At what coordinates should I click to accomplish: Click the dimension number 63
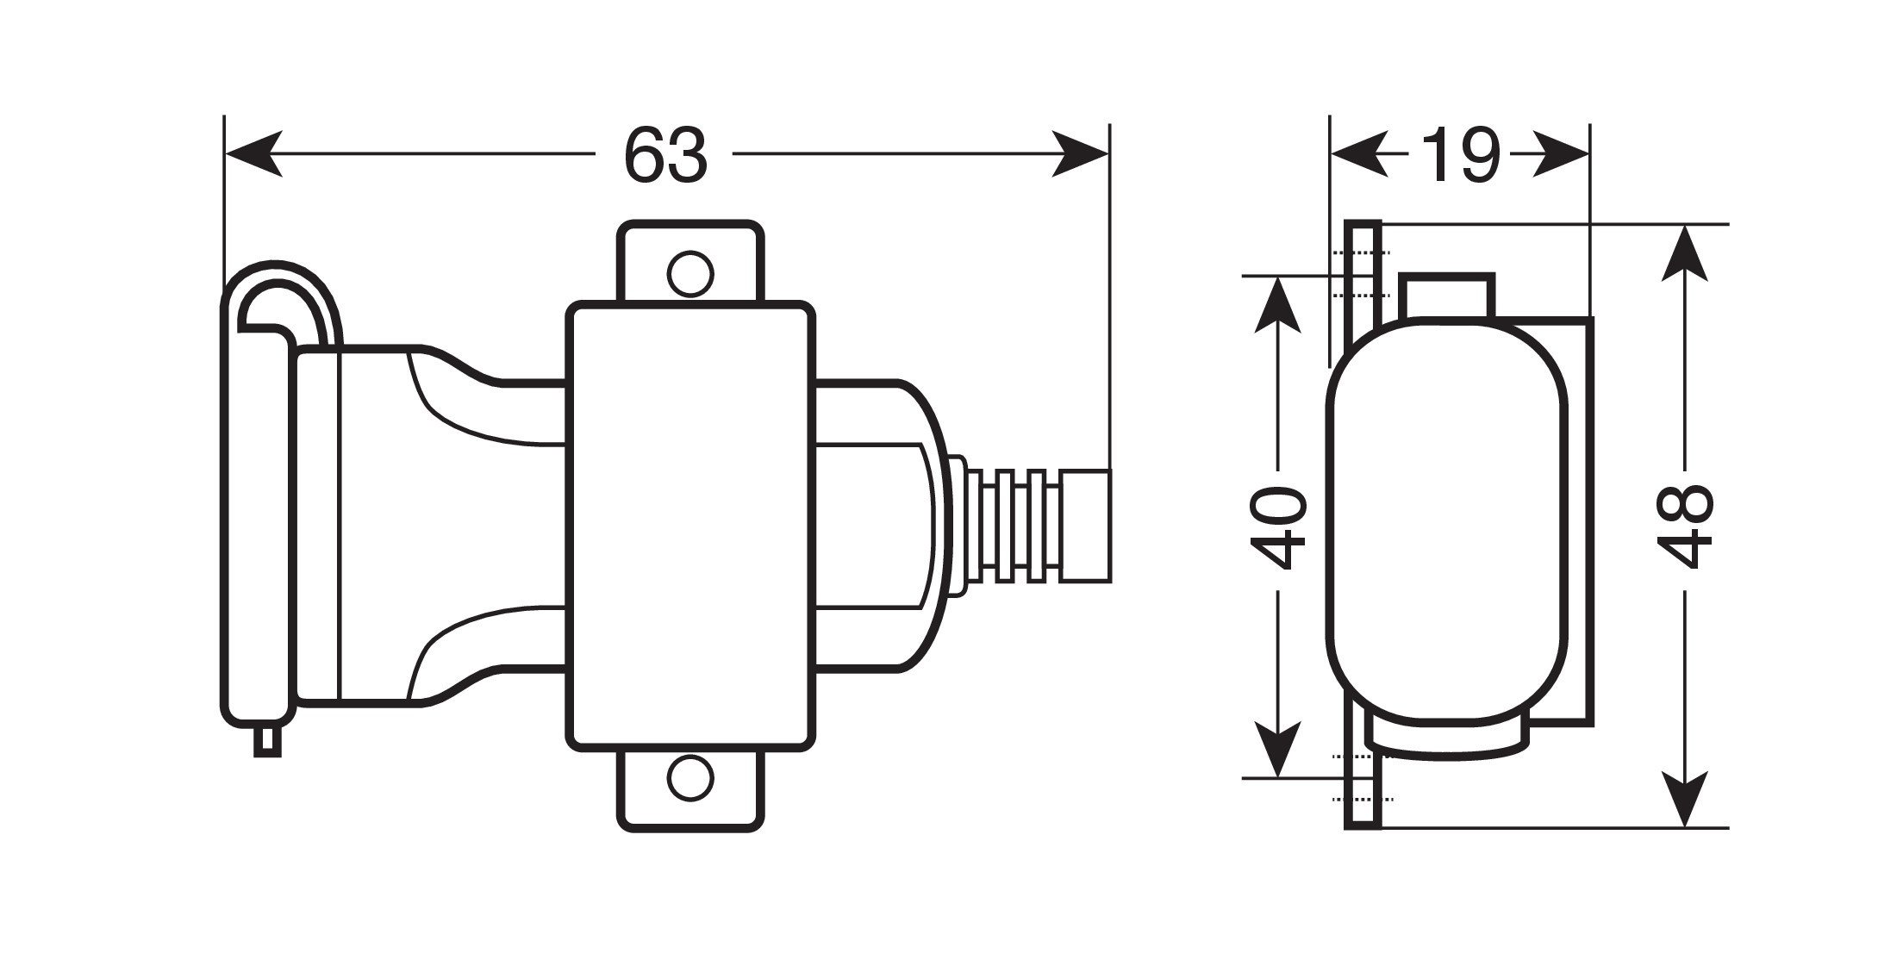pos(665,155)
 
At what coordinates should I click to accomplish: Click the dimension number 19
pos(1460,155)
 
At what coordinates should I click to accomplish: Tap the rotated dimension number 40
pos(1278,527)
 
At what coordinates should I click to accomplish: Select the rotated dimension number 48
pos(1684,526)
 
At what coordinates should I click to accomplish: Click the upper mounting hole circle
pos(690,274)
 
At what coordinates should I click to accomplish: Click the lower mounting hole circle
pos(690,779)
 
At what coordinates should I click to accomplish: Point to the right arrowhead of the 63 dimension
pos(1080,154)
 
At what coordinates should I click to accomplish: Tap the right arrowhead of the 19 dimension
pos(1561,154)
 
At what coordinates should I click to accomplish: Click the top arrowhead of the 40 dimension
pos(1277,305)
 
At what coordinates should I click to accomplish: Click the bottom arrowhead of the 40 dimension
pos(1277,749)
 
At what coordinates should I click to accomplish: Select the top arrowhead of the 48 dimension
pos(1684,253)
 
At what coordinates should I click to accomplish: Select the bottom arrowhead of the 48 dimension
pos(1684,799)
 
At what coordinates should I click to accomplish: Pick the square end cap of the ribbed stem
pos(1086,526)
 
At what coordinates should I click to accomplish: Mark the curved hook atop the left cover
pos(284,297)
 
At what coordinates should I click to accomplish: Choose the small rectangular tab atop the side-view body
pos(1446,296)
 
